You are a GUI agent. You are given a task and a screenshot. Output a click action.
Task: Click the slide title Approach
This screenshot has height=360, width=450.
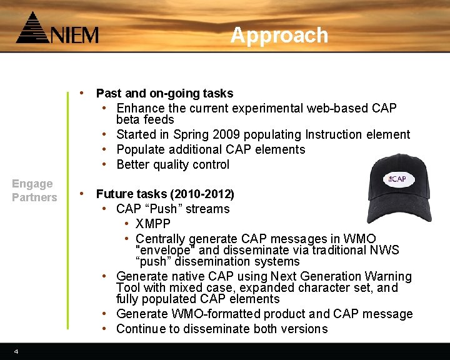coord(279,36)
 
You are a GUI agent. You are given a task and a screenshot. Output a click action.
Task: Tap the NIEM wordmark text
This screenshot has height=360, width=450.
coord(74,34)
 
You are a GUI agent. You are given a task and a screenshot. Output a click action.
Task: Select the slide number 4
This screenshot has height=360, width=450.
coord(16,352)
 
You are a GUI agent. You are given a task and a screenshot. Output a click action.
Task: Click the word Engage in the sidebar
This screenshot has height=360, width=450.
coord(32,184)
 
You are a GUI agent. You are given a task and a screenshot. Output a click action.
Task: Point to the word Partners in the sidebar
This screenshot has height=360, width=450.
coord(34,197)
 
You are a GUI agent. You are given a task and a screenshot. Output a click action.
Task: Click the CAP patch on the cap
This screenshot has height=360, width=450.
coord(397,179)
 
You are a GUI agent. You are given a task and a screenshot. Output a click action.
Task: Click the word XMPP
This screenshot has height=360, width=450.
coord(152,224)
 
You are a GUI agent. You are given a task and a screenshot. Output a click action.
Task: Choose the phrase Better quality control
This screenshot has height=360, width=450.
coord(173,164)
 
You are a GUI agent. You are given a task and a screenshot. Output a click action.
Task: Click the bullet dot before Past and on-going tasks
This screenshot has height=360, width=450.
coord(82,93)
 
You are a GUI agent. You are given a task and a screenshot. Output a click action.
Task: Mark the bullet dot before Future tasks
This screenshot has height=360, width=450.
coord(82,194)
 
